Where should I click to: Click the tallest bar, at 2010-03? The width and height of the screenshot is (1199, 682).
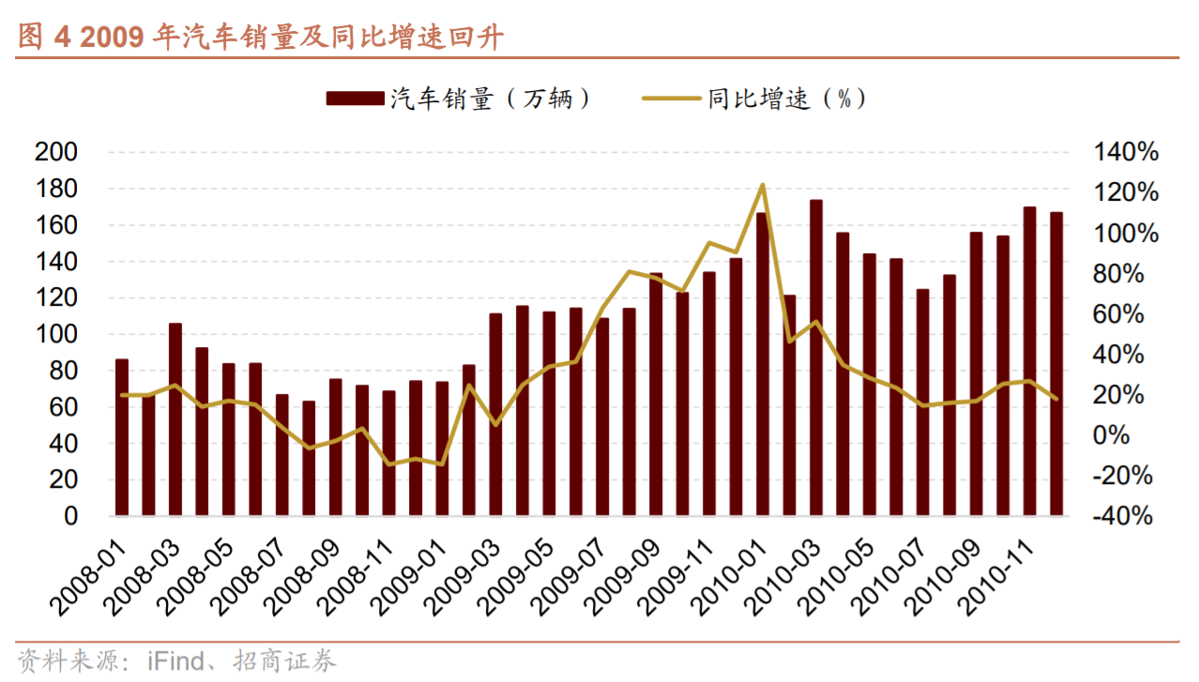(x=816, y=356)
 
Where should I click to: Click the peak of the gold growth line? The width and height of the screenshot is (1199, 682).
(x=763, y=185)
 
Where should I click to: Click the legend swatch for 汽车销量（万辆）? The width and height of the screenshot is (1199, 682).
(x=354, y=98)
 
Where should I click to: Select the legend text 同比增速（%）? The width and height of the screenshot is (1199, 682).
(x=786, y=99)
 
